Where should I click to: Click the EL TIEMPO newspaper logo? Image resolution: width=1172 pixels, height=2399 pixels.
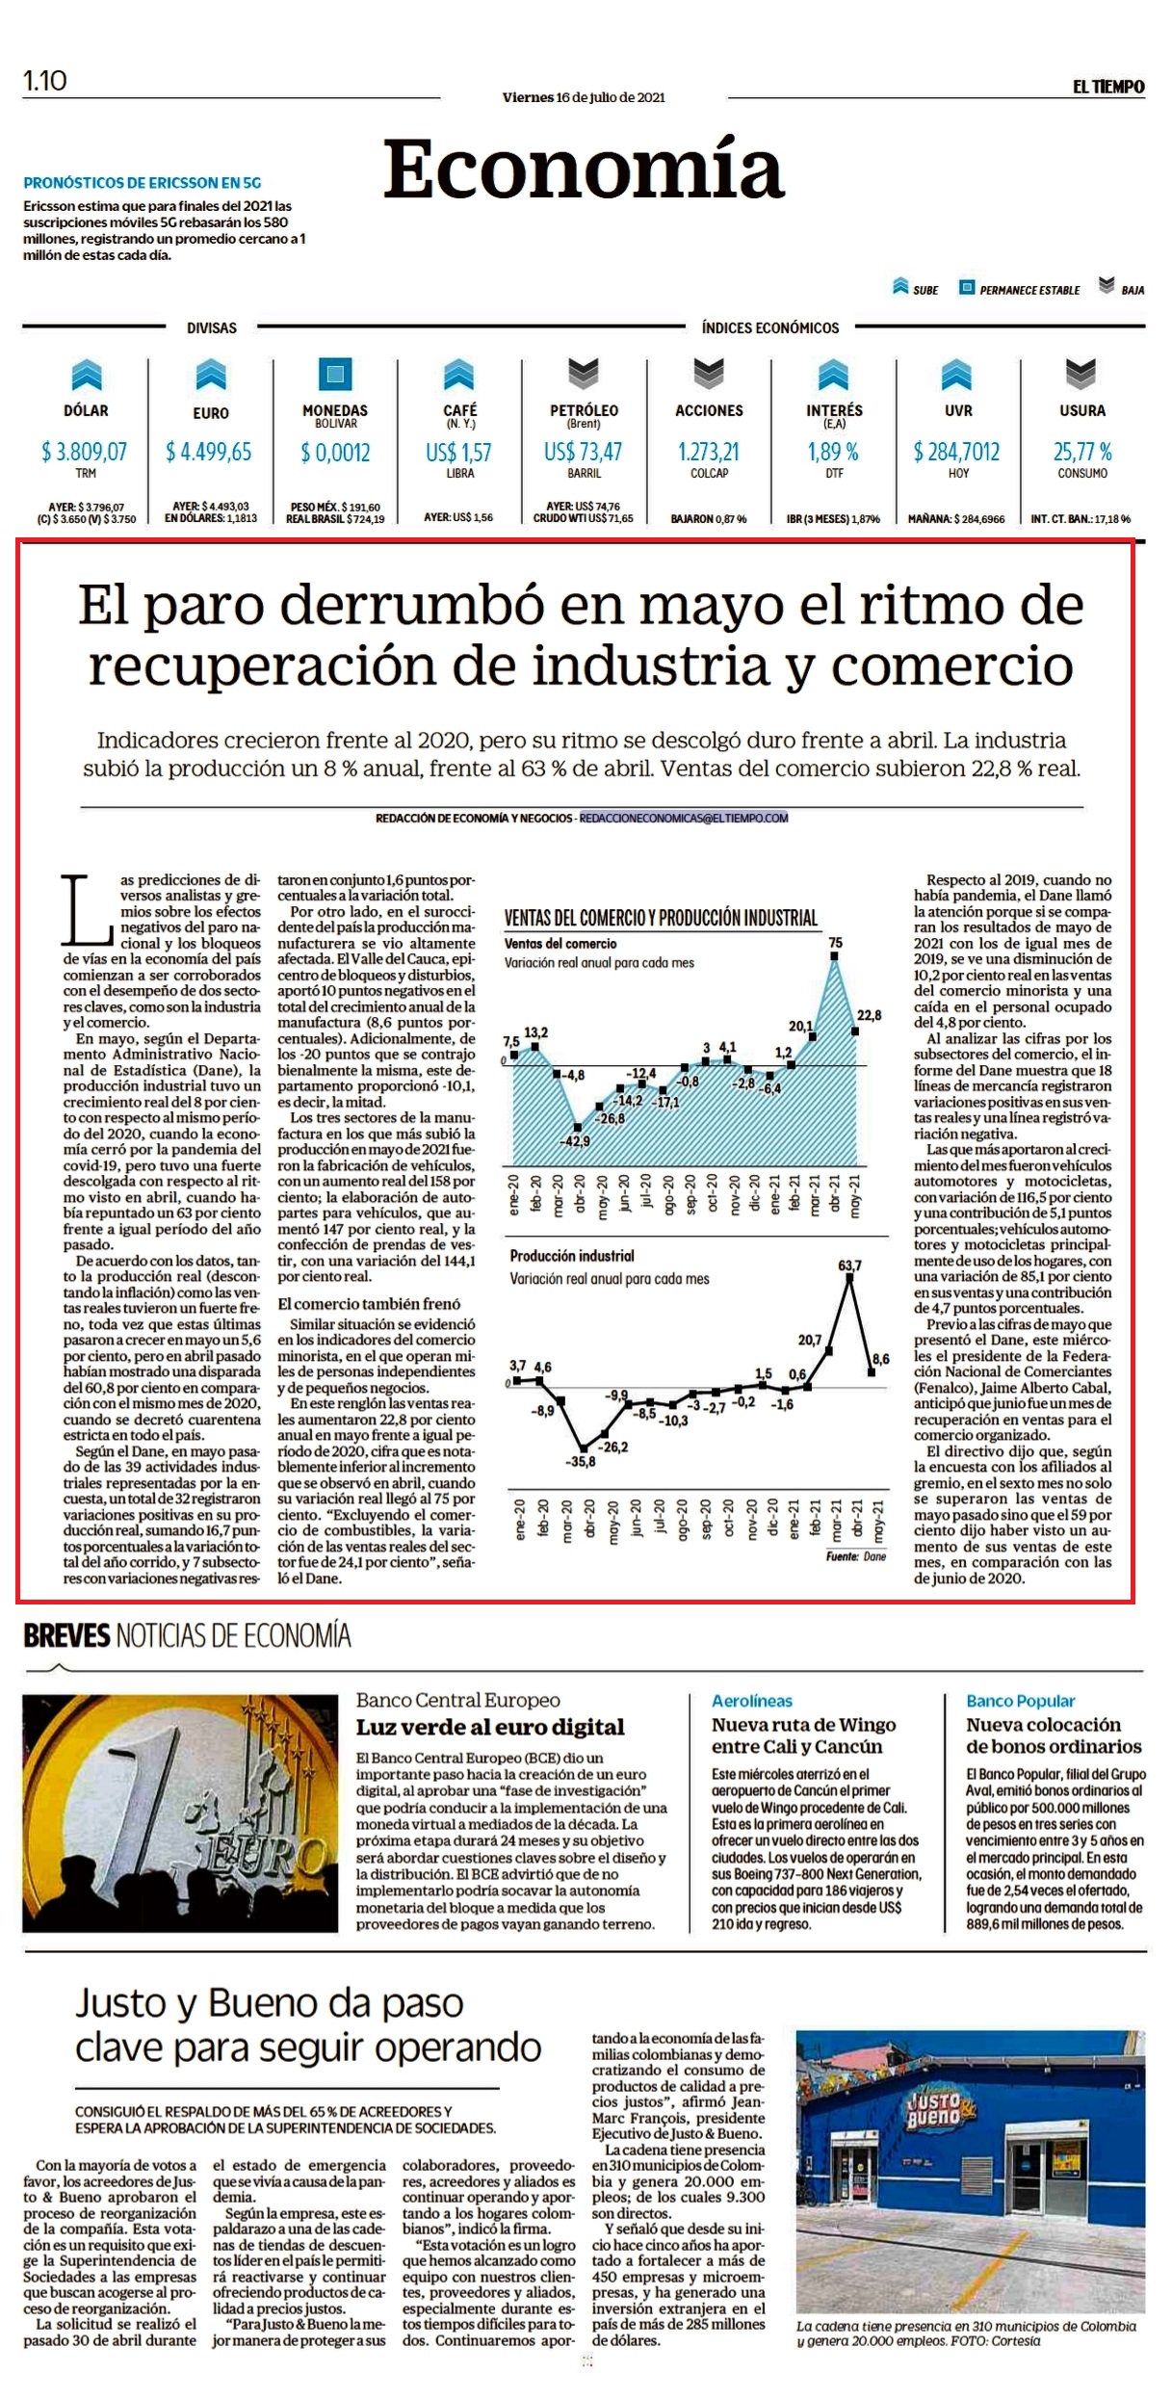1108,87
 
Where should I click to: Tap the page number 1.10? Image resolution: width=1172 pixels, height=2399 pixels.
45,81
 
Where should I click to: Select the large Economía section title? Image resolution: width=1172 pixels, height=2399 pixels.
584,169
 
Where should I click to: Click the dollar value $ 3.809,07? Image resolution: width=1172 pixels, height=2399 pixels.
84,451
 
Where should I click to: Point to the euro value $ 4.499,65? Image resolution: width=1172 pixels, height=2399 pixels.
208,452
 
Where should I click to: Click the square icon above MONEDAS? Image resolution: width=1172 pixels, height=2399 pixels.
335,374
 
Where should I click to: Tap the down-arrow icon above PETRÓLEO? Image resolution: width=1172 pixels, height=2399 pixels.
584,373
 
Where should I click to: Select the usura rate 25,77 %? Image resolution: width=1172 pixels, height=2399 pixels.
1082,452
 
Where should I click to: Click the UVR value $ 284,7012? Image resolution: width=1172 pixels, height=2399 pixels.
956,452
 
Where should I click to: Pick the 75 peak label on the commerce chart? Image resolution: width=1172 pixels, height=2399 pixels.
835,944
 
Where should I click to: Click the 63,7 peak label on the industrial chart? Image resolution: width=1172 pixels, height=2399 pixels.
849,1265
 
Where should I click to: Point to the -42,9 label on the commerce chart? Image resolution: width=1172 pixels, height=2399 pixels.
575,1141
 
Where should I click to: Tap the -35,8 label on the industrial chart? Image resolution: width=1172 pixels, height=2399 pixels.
581,1462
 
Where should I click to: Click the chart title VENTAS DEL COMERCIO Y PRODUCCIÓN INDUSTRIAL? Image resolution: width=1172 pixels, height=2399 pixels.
661,918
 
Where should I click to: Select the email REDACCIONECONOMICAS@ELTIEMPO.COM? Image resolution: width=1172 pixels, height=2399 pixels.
684,818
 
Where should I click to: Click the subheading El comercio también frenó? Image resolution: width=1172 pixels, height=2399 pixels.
369,1304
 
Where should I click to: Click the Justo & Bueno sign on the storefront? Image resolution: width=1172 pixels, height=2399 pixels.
934,2110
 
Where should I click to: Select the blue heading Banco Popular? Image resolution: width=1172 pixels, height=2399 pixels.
1020,1701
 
